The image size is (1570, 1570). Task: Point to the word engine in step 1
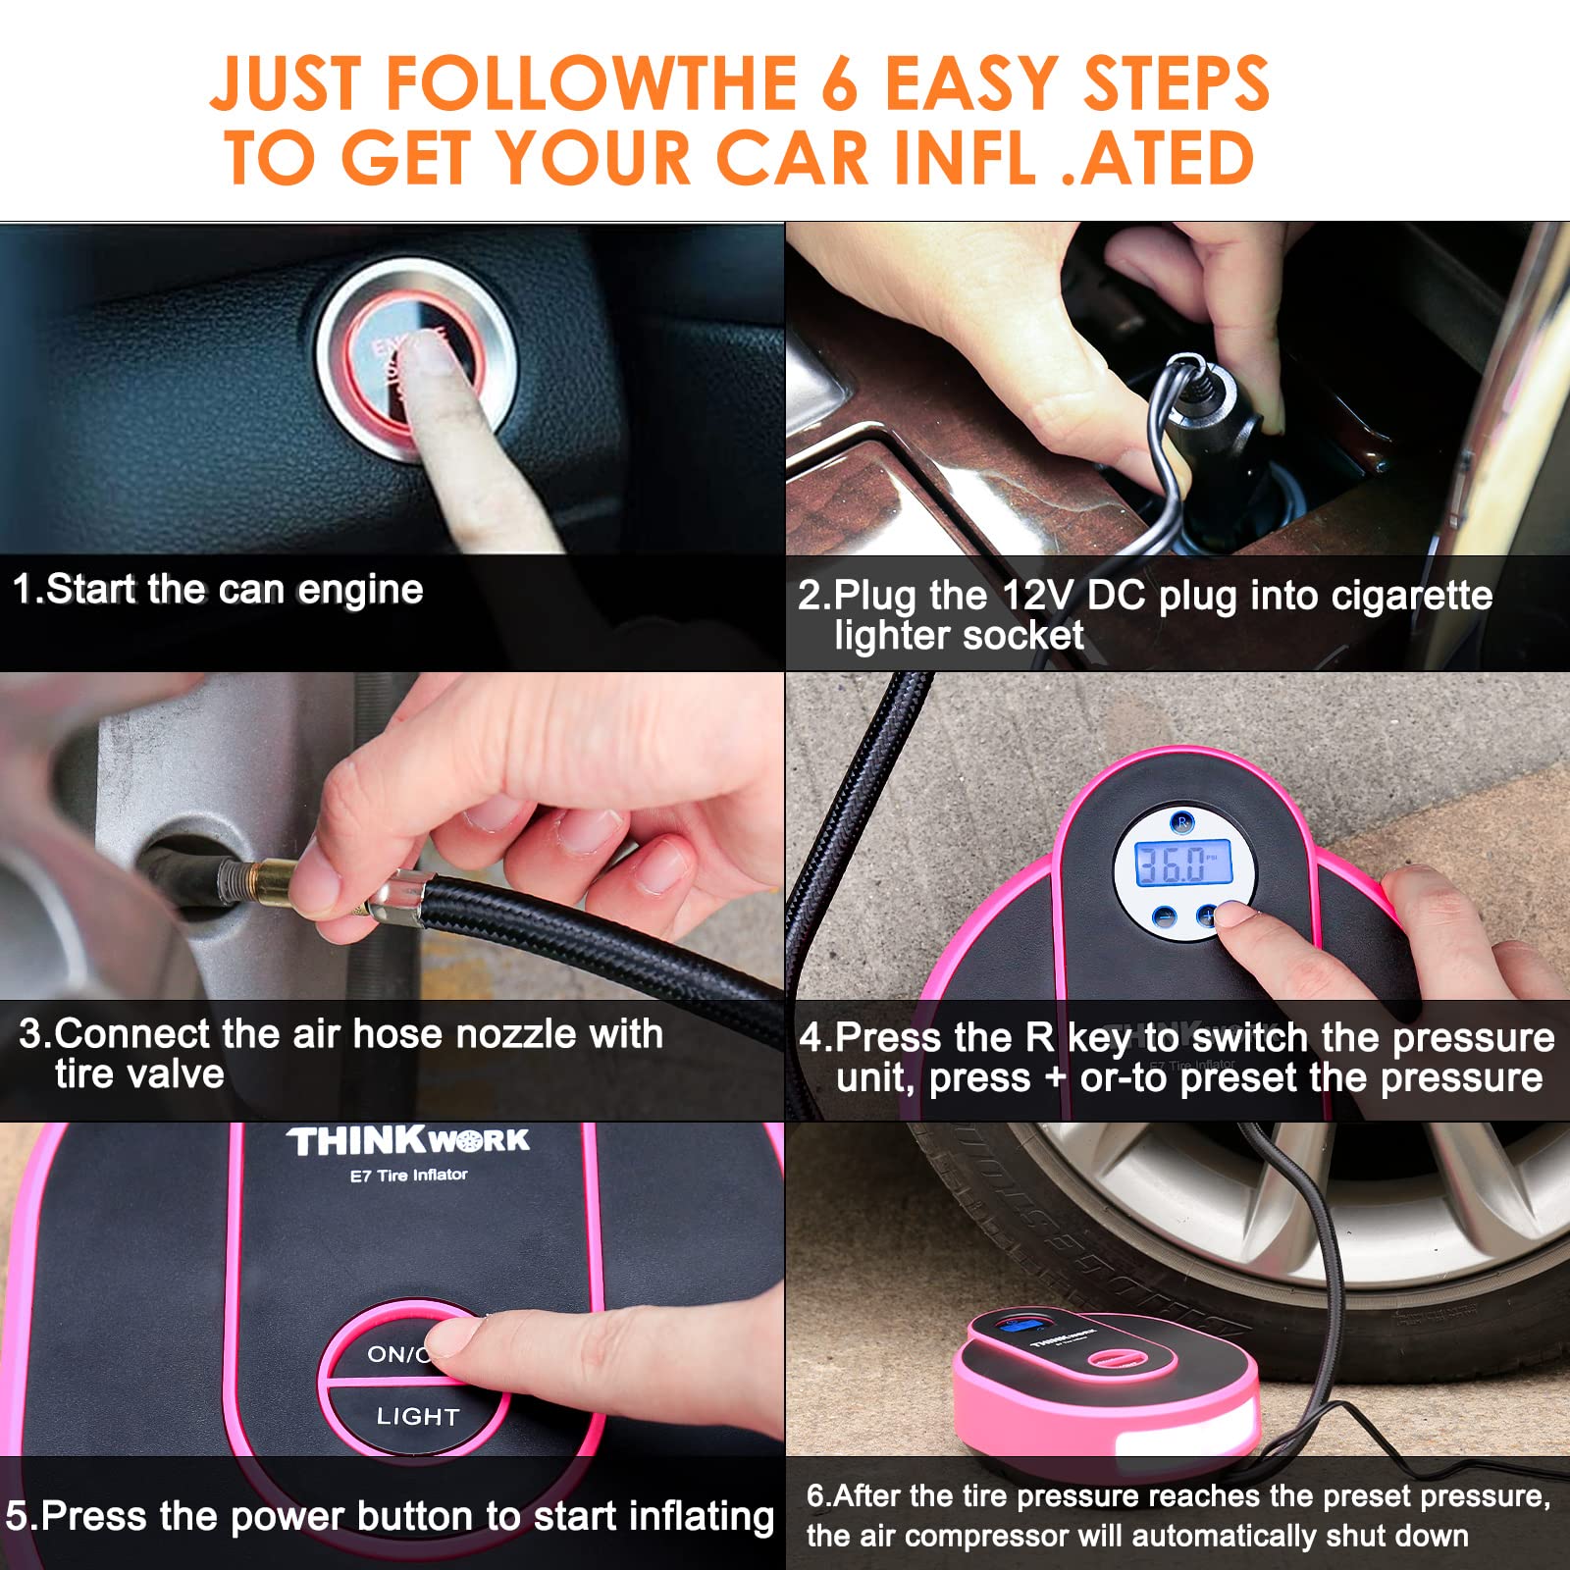(360, 590)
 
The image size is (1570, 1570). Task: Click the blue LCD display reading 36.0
(1183, 863)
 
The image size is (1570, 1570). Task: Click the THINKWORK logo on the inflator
(408, 1141)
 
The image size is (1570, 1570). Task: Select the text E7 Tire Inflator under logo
(408, 1175)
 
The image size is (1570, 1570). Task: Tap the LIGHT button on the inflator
(417, 1416)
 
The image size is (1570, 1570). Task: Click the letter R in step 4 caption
(1039, 1037)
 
